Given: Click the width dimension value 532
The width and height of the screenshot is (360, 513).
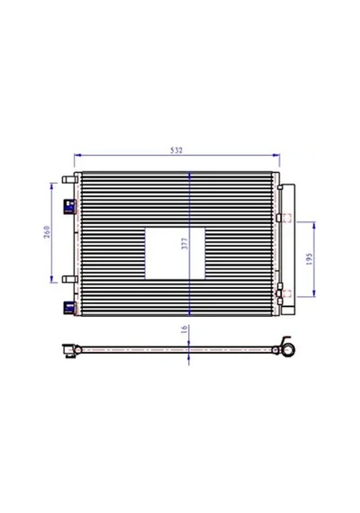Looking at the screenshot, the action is click(x=176, y=150).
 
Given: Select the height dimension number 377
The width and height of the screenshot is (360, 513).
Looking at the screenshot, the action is click(x=184, y=244).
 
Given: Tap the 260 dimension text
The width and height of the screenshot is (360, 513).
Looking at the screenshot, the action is click(x=47, y=231).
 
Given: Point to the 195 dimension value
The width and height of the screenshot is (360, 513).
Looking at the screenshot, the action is click(x=310, y=259).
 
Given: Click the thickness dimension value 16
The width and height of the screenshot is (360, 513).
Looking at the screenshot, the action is click(x=184, y=328).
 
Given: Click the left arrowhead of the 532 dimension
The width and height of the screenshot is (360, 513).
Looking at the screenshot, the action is click(x=77, y=155).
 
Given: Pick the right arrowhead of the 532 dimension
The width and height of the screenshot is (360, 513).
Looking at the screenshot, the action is click(x=276, y=155).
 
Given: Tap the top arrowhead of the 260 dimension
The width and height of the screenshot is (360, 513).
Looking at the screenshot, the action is click(x=51, y=186).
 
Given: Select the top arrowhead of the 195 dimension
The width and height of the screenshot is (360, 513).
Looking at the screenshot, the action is click(x=314, y=225).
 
